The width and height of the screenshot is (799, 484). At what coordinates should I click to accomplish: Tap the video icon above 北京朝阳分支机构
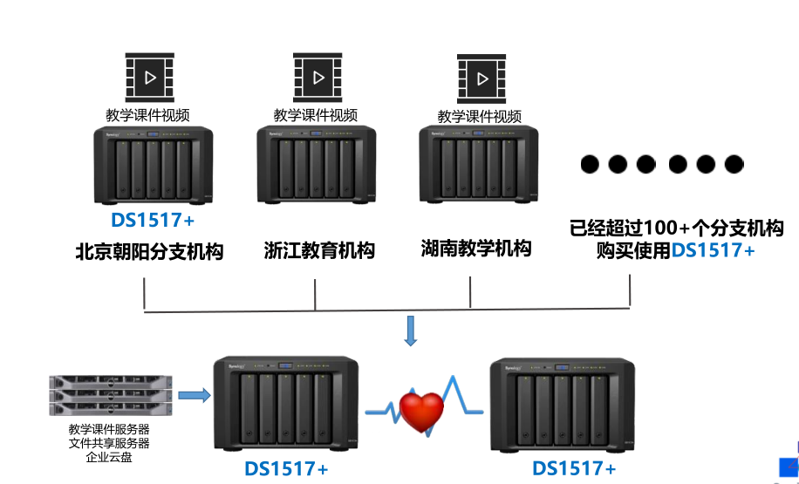click(151, 78)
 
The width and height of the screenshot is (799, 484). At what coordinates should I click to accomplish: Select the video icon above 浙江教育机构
click(317, 78)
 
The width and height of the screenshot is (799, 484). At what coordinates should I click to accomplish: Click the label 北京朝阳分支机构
click(149, 252)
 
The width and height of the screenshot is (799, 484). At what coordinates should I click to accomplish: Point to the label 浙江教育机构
click(319, 251)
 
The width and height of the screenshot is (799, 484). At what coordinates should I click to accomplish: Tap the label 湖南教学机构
click(475, 249)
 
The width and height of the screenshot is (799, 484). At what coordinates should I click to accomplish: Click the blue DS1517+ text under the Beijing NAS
click(154, 220)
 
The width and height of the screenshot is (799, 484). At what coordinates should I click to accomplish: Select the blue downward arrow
click(411, 331)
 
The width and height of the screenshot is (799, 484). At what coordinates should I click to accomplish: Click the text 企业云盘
click(108, 456)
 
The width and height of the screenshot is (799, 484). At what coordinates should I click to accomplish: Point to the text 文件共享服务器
click(109, 443)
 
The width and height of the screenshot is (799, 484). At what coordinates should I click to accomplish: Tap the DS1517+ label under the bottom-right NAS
click(574, 468)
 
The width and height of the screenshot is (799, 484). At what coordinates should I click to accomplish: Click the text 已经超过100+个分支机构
click(676, 229)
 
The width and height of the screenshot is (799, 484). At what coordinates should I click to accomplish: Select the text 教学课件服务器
click(109, 429)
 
